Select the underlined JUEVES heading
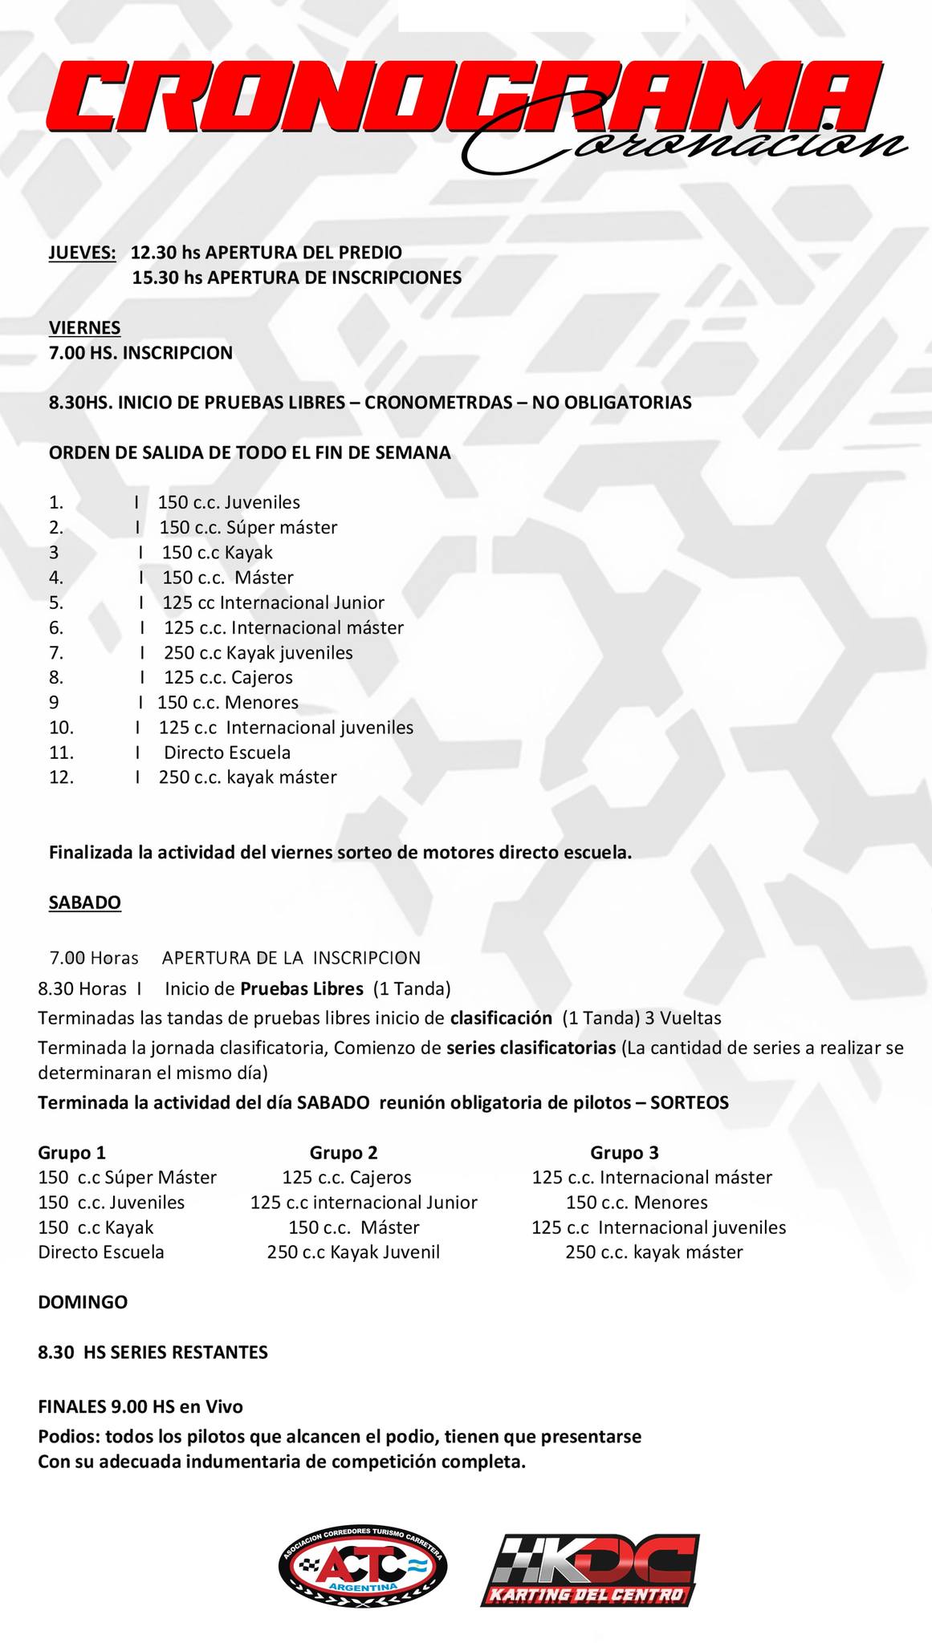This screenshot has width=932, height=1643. point(82,253)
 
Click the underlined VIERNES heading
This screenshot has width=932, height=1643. point(85,327)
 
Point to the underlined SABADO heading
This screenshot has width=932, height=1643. point(85,903)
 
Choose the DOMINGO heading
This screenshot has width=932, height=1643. point(83,1302)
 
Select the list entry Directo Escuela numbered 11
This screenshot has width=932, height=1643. point(227,753)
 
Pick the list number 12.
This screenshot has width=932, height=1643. point(61,777)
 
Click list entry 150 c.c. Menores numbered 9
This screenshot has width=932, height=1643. point(228,703)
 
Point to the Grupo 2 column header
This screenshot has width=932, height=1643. point(344,1153)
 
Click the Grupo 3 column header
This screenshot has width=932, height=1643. point(625,1153)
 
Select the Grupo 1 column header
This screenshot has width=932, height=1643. point(72,1153)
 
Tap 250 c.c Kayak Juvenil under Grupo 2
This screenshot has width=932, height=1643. point(353,1252)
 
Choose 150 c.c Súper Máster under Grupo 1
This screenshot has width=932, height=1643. point(128,1178)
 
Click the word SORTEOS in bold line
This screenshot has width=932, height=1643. point(690,1103)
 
